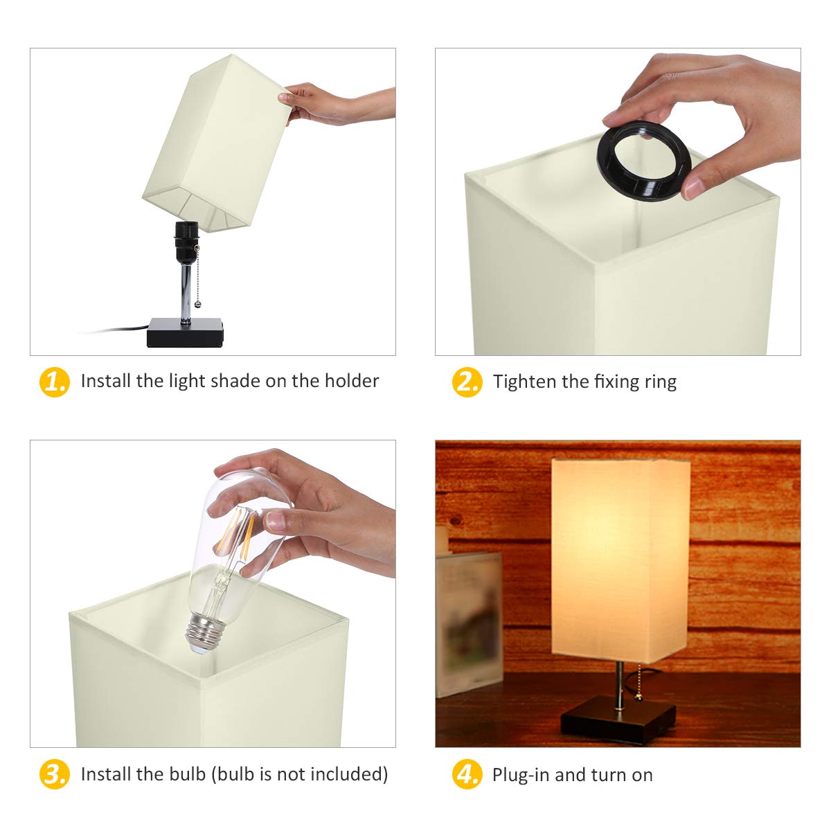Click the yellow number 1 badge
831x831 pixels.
tap(54, 382)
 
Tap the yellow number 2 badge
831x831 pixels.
tap(467, 382)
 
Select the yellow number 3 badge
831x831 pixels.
tap(54, 774)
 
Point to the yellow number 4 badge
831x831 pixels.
tap(467, 774)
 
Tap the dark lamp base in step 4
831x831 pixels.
tap(618, 720)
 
